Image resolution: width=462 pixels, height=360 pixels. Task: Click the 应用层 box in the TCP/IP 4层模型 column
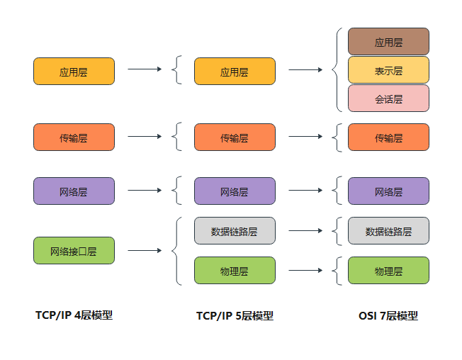74,72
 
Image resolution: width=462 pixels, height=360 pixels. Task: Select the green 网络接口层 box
74,251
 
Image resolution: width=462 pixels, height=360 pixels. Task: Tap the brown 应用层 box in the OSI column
388,42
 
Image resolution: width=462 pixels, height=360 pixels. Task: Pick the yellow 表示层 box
388,70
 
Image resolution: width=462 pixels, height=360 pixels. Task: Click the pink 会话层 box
388,99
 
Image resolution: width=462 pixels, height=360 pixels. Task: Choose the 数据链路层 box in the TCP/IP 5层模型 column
235,231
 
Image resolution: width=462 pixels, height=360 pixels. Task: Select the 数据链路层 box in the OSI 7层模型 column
388,231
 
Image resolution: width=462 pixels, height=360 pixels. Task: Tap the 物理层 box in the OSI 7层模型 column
388,271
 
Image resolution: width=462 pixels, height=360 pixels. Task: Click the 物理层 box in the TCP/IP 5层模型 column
235,271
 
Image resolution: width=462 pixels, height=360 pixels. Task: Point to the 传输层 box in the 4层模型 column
74,137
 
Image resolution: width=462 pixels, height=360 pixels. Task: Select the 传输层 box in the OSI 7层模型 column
388,137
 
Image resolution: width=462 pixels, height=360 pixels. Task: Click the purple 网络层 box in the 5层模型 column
235,191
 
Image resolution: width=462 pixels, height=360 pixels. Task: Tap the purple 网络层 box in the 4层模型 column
74,191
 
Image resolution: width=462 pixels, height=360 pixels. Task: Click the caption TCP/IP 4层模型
74,315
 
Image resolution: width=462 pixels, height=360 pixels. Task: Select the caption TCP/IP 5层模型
235,316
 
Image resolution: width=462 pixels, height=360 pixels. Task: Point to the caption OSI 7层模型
388,316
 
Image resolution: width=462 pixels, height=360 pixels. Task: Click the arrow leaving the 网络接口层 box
145,251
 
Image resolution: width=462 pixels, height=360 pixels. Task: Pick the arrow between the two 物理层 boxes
306,271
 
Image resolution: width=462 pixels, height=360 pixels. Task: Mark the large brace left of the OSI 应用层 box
336,70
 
